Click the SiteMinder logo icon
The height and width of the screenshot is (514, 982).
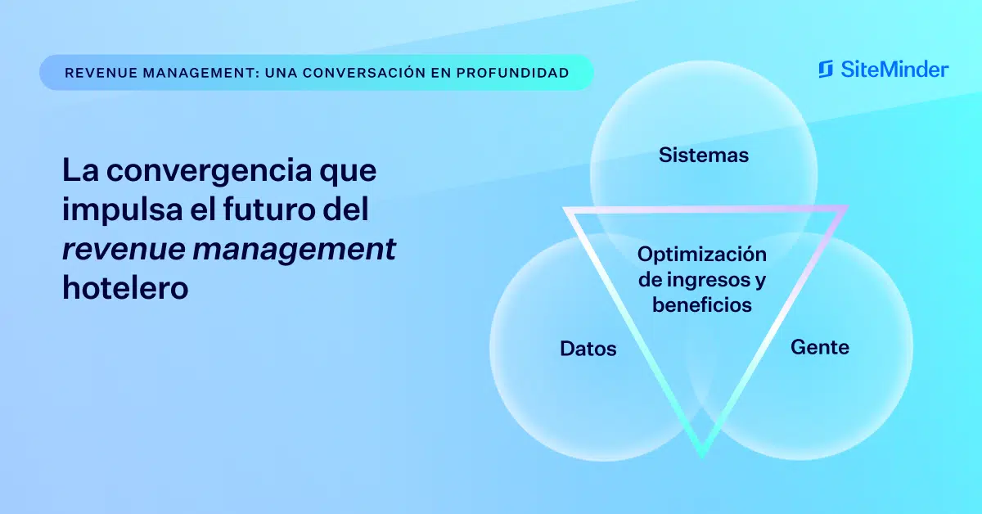click(x=826, y=70)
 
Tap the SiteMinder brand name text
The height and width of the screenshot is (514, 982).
click(x=894, y=70)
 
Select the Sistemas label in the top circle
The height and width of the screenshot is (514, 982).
click(x=704, y=155)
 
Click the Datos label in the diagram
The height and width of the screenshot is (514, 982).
click(x=588, y=349)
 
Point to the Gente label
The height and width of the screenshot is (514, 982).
click(x=820, y=347)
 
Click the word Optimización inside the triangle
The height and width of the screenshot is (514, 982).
click(x=702, y=255)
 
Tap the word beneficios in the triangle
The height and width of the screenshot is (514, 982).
click(x=702, y=304)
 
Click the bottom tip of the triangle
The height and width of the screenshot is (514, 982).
click(x=702, y=458)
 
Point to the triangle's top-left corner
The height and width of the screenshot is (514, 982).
click(x=564, y=209)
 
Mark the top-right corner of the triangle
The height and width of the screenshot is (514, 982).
click(x=848, y=206)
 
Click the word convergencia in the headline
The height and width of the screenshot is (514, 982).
click(x=209, y=170)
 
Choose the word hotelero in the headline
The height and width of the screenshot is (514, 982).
click(x=125, y=288)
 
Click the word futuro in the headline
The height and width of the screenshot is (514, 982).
click(x=268, y=210)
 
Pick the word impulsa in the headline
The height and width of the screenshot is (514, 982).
click(x=123, y=210)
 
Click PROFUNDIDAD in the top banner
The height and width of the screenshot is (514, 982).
click(x=512, y=73)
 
